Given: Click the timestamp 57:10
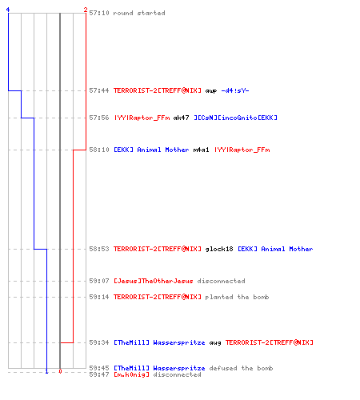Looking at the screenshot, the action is [x=99, y=13].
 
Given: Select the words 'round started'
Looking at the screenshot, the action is [x=139, y=13].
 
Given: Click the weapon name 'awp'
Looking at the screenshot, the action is [x=211, y=91].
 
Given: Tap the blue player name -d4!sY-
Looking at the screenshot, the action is [x=235, y=90].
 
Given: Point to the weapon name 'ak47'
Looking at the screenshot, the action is [x=181, y=118].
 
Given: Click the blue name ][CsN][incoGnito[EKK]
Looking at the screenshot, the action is [x=235, y=118].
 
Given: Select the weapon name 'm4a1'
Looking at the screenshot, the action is [x=201, y=150].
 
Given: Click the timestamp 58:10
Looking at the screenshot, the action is [x=99, y=150].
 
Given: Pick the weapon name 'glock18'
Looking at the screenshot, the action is [x=219, y=249].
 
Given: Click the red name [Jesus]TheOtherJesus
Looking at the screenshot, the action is [x=154, y=281].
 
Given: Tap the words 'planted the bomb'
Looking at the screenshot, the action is [x=237, y=297].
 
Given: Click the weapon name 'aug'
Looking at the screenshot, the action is [x=215, y=343].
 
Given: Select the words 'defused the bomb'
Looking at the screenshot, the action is [x=241, y=368].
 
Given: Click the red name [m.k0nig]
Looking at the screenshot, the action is [x=131, y=374].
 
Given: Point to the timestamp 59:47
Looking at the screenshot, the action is [x=99, y=374].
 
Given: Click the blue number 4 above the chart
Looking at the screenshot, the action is [x=8, y=10].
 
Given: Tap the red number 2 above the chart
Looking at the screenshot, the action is [x=86, y=10].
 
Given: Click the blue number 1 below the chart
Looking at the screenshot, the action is [x=46, y=371].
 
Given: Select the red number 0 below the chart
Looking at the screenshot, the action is [x=60, y=371].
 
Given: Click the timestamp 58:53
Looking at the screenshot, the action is [x=99, y=249].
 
